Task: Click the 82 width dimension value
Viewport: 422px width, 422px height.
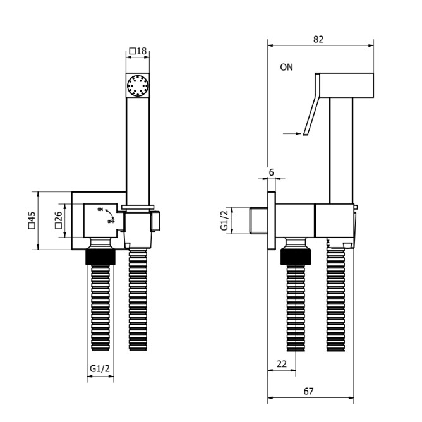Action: point(318,39)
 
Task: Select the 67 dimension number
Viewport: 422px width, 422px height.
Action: point(308,391)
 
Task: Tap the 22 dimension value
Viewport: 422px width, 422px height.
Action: point(282,364)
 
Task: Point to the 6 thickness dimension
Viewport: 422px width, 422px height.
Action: point(271,172)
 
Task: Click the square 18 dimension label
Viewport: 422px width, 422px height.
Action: point(138,51)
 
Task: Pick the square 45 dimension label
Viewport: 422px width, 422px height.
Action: point(32,220)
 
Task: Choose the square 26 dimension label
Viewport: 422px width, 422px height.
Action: point(58,220)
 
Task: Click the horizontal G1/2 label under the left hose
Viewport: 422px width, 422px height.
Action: point(100,368)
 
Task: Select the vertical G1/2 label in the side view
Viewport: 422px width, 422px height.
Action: point(224,220)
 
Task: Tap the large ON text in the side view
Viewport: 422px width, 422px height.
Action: point(286,67)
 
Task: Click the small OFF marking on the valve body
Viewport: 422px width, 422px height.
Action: point(111,222)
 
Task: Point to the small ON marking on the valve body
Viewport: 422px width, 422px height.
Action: point(100,209)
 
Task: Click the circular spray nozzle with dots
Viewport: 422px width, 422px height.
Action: point(138,85)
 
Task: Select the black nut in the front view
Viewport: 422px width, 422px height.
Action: point(100,257)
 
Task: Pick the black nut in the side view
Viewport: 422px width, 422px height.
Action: point(296,256)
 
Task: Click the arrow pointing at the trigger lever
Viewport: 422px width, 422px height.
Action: point(292,133)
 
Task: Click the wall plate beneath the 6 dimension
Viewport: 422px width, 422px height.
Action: point(272,220)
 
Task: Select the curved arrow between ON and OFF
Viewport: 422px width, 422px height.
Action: point(111,214)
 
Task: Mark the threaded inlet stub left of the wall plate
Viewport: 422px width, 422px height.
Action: point(258,220)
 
